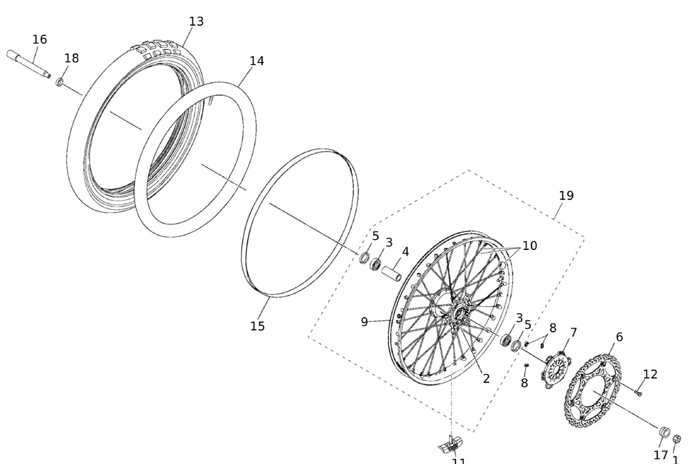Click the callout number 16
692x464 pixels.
click(x=39, y=39)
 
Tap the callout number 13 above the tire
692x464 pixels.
click(x=197, y=21)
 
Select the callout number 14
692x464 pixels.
click(x=257, y=61)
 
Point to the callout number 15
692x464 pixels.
click(x=257, y=325)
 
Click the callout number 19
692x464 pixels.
click(x=566, y=195)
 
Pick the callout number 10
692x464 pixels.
click(x=529, y=245)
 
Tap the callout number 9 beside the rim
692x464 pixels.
click(x=365, y=321)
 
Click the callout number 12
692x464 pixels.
click(x=650, y=374)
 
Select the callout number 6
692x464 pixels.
click(x=619, y=337)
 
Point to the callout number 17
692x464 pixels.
click(x=661, y=455)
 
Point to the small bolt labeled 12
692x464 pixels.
click(x=638, y=393)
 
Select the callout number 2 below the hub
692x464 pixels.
click(x=486, y=378)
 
